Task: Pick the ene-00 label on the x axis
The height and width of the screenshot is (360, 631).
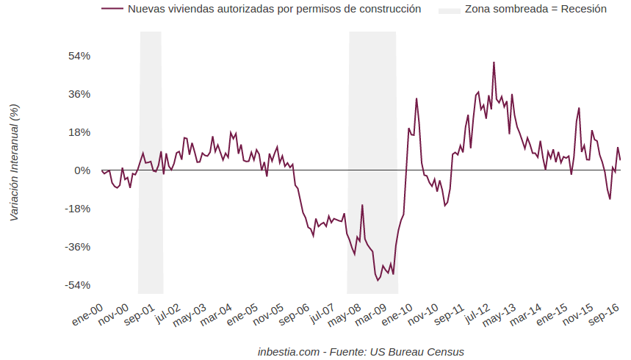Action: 87,317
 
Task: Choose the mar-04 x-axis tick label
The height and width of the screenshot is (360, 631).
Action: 215,318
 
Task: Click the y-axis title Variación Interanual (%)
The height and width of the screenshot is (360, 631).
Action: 15,162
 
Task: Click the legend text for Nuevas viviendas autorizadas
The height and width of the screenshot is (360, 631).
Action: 274,10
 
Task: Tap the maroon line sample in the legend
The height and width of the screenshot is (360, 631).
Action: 112,10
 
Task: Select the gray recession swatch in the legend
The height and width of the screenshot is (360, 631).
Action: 449,10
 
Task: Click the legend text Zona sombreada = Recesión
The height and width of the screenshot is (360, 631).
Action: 536,10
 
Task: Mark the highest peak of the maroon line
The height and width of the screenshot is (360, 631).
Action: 494,62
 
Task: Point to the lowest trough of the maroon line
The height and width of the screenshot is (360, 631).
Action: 378,280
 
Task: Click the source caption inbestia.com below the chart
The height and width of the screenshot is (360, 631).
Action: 361,352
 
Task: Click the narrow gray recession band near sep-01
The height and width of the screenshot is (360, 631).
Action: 151,162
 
